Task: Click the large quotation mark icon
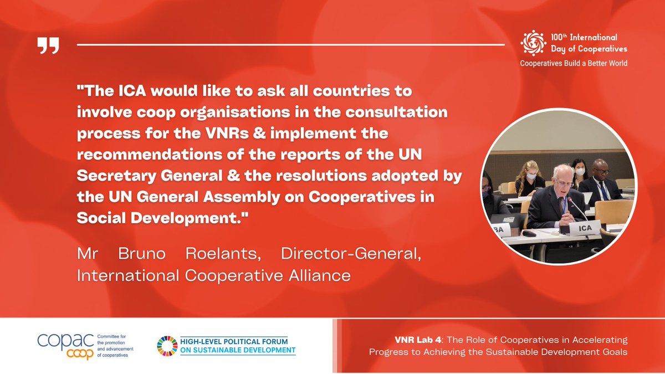[x=48, y=47]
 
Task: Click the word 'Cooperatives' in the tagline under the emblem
[x=541, y=63]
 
